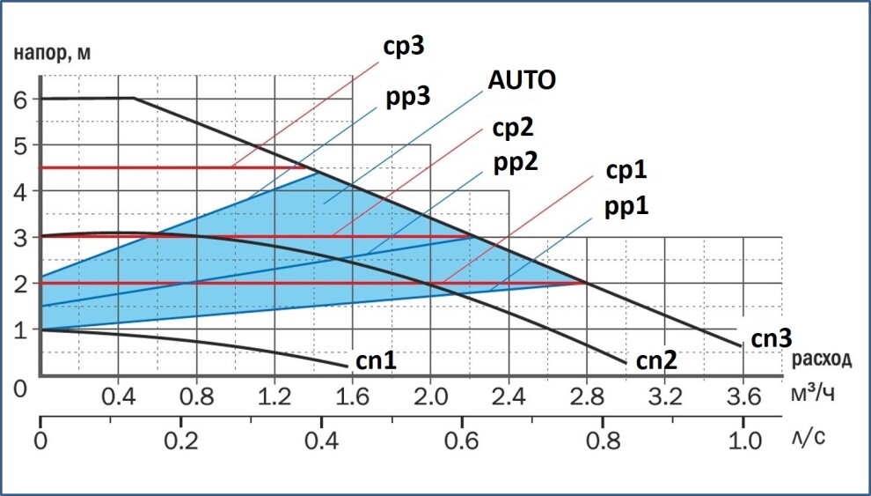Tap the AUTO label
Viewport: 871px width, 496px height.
[522, 81]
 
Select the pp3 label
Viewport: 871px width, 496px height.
[408, 95]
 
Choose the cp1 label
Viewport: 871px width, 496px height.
[626, 171]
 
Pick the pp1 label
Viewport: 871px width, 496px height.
[626, 206]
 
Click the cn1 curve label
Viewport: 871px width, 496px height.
[376, 360]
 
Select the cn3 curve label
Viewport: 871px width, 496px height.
[772, 338]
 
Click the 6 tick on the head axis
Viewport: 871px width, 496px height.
[20, 99]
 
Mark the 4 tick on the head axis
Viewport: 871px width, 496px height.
[20, 190]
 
